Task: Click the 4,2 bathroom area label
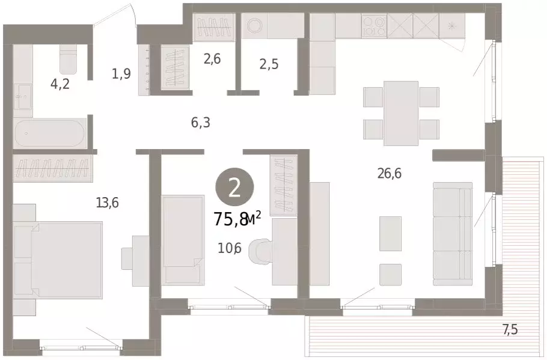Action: coord(60,84)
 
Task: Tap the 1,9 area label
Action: coord(121,73)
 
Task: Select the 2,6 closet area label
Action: coord(212,59)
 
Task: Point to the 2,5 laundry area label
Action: coord(269,64)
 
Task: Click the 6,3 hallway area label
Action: coord(201,123)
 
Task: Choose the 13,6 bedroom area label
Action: coord(108,202)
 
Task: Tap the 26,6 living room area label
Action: coord(390,172)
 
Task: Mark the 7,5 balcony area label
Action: coord(510,329)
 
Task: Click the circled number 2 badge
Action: coord(234,189)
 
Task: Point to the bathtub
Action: coord(49,134)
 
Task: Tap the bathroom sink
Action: coord(23,96)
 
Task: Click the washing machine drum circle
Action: coord(254,26)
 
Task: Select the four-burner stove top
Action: coord(374,26)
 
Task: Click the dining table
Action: coord(401,113)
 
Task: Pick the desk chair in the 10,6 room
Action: coord(260,250)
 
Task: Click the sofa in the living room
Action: coord(453,234)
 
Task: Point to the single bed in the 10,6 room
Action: coord(183,239)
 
